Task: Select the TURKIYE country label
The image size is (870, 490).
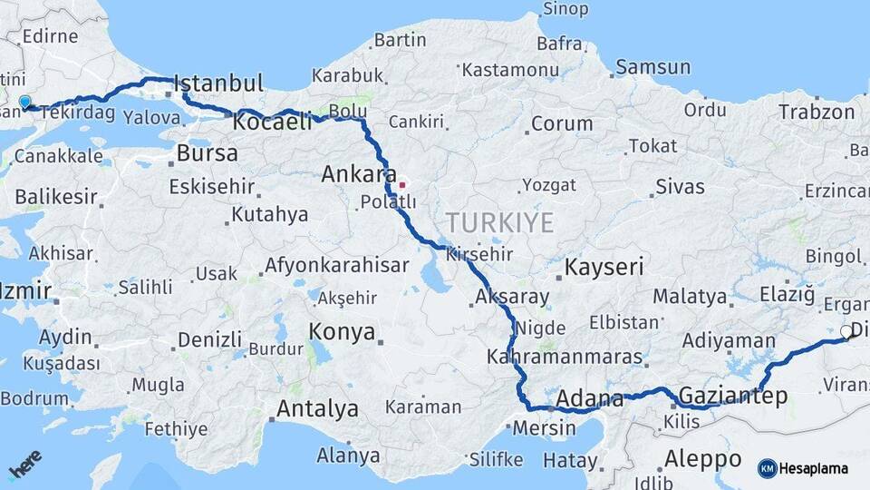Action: coord(499,222)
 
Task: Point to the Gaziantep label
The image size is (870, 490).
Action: coord(732,396)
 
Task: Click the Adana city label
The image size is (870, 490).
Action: coord(589,398)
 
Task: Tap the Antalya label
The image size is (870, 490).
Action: coord(317,408)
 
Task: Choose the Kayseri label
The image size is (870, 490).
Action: coord(604,267)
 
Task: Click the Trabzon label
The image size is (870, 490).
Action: coord(816,113)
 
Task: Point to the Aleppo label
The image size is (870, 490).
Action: coord(702,456)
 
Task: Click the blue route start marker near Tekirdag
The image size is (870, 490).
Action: coord(24,103)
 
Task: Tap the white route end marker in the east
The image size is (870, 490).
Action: coord(846,332)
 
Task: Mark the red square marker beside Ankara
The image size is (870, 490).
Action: coord(401,185)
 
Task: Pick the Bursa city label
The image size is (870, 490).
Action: coord(207,153)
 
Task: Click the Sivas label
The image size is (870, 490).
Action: coord(681,187)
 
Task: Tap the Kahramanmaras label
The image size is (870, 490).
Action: coord(564,357)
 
